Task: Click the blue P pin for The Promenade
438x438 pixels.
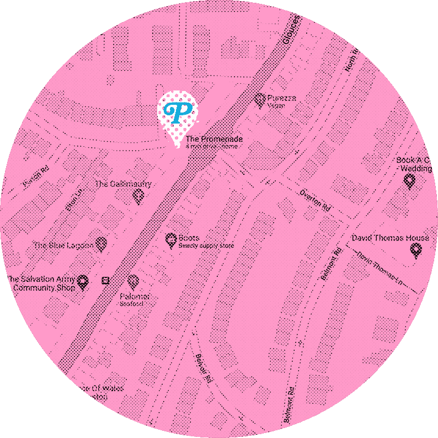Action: click(177, 113)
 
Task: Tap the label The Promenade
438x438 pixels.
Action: click(214, 140)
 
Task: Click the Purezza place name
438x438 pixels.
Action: click(282, 98)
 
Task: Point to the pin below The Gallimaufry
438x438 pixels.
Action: click(139, 195)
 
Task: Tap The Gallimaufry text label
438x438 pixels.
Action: click(123, 184)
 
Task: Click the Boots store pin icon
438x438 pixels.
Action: click(171, 240)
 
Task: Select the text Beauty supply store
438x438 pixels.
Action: click(206, 246)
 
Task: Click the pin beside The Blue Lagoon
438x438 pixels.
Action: click(101, 244)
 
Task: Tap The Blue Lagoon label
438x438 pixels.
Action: click(63, 245)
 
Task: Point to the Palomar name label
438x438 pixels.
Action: click(135, 297)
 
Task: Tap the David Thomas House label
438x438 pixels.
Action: click(390, 238)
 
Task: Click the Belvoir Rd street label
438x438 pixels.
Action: click(203, 369)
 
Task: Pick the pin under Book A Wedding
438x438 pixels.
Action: click(409, 180)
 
